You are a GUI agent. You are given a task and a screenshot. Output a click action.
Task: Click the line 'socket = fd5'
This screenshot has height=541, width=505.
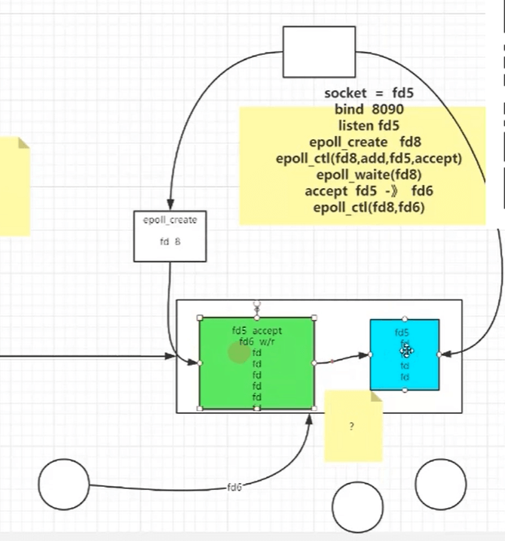tap(369, 94)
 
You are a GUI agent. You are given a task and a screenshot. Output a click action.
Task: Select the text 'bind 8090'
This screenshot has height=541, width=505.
tap(369, 110)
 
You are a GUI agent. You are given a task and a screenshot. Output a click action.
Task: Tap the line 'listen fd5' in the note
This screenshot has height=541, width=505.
tap(369, 126)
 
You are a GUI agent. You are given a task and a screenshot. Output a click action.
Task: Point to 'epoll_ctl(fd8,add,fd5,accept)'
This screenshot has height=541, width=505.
tap(369, 159)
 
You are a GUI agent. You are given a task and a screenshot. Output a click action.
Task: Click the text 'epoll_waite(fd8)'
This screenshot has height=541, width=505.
tap(369, 175)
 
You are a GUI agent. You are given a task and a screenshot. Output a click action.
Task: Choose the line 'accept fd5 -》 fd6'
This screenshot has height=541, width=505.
tap(369, 191)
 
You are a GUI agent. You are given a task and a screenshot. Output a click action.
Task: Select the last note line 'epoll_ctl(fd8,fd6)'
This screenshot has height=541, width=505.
tap(369, 207)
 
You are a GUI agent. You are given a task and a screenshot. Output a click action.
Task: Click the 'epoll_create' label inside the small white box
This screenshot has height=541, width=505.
tap(170, 220)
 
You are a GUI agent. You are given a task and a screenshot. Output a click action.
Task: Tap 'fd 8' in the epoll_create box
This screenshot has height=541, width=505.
tap(170, 242)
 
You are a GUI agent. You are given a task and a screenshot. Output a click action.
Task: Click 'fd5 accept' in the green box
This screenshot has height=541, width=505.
tap(257, 330)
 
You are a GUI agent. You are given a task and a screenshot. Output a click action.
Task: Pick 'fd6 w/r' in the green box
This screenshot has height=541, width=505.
tap(257, 342)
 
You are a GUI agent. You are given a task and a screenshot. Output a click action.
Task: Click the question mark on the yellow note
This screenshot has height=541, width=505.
tap(352, 427)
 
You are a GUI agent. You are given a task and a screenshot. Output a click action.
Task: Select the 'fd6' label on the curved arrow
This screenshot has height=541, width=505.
tap(234, 488)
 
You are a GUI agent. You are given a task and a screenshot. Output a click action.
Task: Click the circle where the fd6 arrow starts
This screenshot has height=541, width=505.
tap(63, 484)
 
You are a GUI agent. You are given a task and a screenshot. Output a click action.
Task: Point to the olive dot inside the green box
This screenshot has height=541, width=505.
tap(239, 353)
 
